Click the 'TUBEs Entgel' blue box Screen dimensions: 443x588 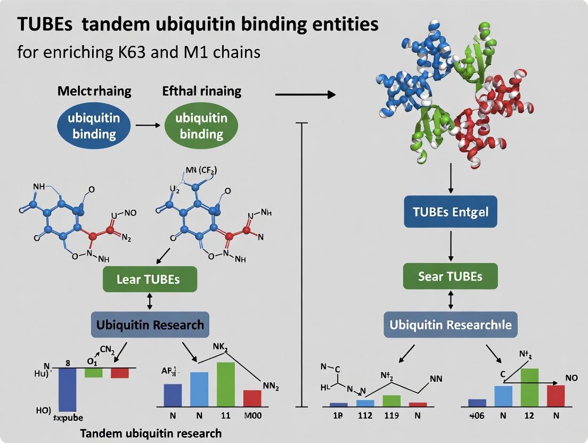coord(451,212)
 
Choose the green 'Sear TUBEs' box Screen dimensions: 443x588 coord(451,276)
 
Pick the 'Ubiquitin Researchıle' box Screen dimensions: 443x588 coord(451,325)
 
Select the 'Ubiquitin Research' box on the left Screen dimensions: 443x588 coord(150,324)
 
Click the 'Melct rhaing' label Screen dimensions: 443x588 coord(94,91)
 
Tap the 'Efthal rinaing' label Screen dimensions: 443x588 coord(201,91)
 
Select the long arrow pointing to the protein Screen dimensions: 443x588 coord(305,95)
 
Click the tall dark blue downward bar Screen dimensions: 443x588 coord(68,389)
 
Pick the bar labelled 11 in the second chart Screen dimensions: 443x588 coord(225,384)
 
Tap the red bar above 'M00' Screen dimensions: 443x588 coord(252,398)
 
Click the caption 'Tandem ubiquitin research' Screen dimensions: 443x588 coord(151,433)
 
